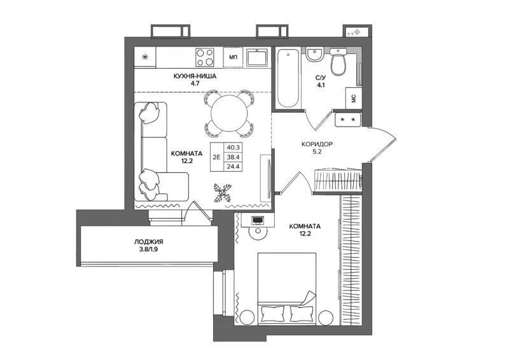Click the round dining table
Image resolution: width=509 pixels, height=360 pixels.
pyautogui.click(x=229, y=113)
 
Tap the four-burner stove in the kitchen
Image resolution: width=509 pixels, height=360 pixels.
pyautogui.click(x=205, y=57)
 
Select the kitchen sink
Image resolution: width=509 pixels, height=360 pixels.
pyautogui.click(x=256, y=57)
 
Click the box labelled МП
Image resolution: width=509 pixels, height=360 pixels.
pyautogui.click(x=233, y=57)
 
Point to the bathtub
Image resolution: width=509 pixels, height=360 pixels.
pyautogui.click(x=288, y=78)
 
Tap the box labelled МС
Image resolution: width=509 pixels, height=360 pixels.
pyautogui.click(x=354, y=98)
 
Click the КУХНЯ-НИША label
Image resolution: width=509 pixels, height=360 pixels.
pyautogui.click(x=195, y=76)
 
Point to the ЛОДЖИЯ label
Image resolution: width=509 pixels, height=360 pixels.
pyautogui.click(x=148, y=242)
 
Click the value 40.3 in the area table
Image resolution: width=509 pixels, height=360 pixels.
pyautogui.click(x=233, y=148)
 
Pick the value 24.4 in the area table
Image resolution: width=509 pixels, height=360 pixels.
pyautogui.click(x=233, y=167)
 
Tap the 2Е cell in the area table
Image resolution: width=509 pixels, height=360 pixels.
pyautogui.click(x=216, y=157)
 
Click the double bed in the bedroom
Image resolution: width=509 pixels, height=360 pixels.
pyautogui.click(x=287, y=289)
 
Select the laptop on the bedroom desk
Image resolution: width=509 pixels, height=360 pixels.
pyautogui.click(x=258, y=220)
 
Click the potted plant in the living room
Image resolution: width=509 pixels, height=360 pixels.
pyautogui.click(x=222, y=193)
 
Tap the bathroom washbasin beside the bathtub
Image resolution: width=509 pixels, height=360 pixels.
pyautogui.click(x=314, y=55)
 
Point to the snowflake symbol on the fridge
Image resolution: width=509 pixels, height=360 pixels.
pyautogui.click(x=145, y=57)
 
